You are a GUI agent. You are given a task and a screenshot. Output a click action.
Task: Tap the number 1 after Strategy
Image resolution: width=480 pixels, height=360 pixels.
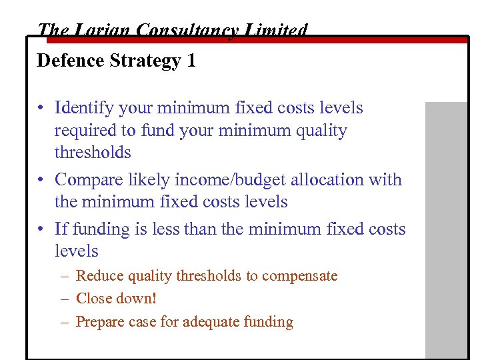[x=191, y=61]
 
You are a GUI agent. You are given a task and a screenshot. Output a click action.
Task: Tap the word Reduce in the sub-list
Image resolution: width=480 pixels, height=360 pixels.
[x=98, y=276]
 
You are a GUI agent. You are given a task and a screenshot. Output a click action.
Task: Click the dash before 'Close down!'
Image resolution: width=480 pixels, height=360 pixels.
[x=64, y=299]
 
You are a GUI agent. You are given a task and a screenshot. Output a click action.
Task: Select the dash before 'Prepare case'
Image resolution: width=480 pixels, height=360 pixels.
[x=64, y=322]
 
